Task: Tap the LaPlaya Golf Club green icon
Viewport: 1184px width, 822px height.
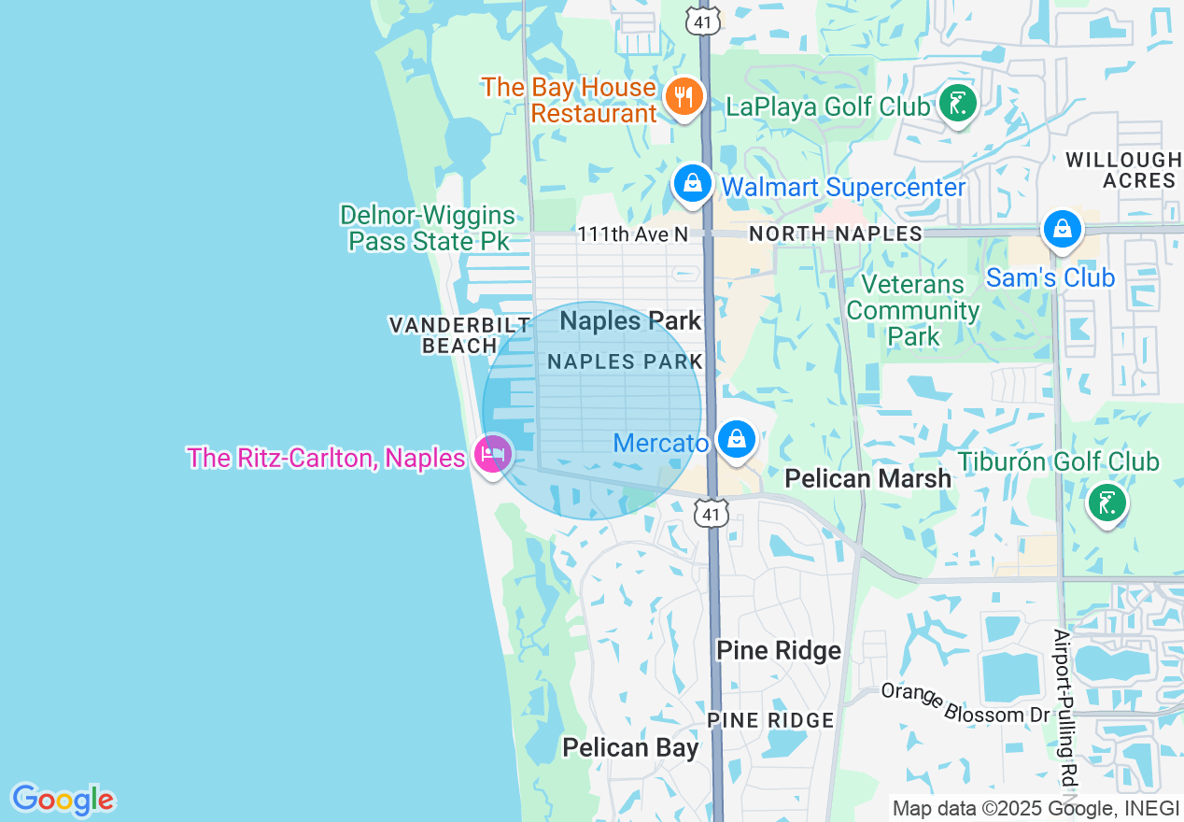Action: [957, 104]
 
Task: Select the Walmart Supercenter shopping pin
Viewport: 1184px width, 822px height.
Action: [693, 183]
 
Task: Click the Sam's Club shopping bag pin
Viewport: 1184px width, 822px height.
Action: [1062, 228]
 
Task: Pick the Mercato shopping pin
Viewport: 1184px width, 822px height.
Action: [737, 438]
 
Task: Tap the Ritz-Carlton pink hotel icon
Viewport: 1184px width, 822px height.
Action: [492, 455]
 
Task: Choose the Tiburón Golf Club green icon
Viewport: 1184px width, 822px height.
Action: [1106, 503]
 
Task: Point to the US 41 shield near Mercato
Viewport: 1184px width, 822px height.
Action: [712, 512]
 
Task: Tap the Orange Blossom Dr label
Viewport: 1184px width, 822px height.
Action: [966, 703]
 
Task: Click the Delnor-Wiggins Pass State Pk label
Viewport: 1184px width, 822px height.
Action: [428, 228]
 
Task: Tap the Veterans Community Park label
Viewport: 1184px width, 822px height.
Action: [913, 310]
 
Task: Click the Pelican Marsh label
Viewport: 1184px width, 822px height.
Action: [867, 478]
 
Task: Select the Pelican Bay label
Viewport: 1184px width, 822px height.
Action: [630, 747]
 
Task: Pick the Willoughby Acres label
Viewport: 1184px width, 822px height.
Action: [1124, 170]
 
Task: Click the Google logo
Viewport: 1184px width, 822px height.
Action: [63, 800]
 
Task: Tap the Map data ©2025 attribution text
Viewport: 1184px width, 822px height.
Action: [1035, 809]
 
